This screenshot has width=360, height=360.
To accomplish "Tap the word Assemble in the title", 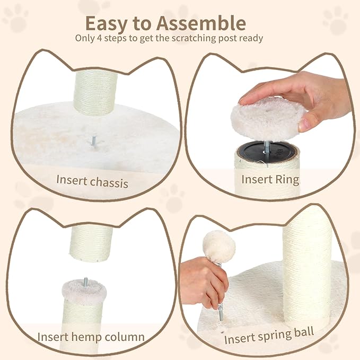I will click(x=202, y=24).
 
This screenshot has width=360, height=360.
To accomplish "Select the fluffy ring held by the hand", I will click(x=268, y=120).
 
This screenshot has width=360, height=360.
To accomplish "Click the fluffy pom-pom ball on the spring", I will click(x=219, y=248).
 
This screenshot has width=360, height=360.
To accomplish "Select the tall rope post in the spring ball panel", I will click(x=307, y=265).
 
